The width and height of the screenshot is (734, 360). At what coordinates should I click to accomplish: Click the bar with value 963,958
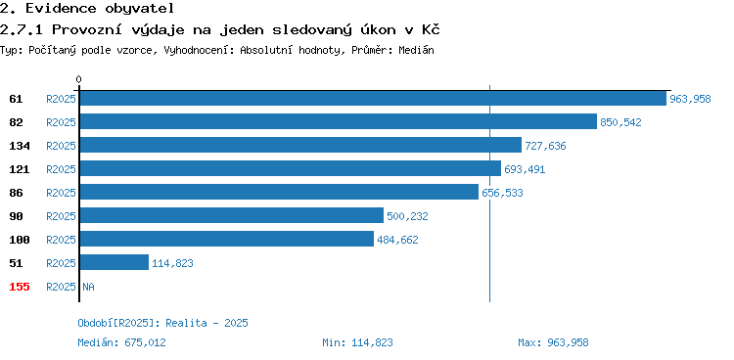coord(373,98)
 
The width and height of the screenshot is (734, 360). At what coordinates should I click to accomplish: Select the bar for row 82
coord(339,121)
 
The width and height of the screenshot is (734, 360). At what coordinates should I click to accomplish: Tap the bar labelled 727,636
coord(300,145)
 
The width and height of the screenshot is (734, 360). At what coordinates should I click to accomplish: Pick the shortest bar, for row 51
coord(115,262)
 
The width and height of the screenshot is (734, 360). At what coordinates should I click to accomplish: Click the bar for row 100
coord(227,239)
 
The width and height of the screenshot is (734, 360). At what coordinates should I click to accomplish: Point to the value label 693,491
coord(525,169)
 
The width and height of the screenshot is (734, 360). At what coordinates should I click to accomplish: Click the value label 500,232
coord(407,216)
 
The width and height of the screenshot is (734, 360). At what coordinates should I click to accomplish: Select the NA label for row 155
coord(88,287)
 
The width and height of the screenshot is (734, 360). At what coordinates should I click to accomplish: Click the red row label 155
coord(20,287)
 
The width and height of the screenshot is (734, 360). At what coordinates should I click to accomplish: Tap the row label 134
coord(20,146)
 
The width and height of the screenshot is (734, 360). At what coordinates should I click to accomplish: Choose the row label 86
coord(16,193)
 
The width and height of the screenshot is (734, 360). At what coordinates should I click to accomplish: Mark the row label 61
coord(16,99)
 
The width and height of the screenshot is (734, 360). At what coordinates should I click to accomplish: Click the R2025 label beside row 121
coord(61,169)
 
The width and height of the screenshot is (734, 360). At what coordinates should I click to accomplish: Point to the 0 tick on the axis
coord(78,79)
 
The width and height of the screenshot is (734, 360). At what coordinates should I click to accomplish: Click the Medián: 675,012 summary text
coord(121,342)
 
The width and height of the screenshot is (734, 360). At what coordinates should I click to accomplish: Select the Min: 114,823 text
coord(357,342)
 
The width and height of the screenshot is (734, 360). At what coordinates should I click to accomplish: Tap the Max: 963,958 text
coord(553,342)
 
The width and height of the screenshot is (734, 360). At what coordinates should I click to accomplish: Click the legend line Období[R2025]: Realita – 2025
coord(162,323)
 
